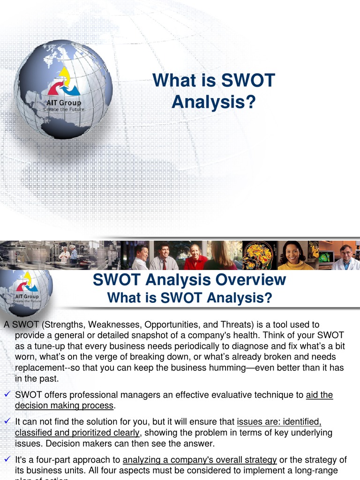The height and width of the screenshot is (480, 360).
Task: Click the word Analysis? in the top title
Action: pos(214,102)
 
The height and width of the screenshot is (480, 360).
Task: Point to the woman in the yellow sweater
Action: pos(294,257)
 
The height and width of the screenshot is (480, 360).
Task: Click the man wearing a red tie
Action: pos(164,257)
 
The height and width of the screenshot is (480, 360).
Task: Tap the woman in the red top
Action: pos(195,257)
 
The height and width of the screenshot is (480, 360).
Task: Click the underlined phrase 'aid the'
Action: pos(319,395)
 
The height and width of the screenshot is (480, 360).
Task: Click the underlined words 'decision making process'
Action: pos(64,405)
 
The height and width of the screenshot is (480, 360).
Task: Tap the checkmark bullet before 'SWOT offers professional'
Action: pos(7,395)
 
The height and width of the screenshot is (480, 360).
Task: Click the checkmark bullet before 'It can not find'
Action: pos(7,422)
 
